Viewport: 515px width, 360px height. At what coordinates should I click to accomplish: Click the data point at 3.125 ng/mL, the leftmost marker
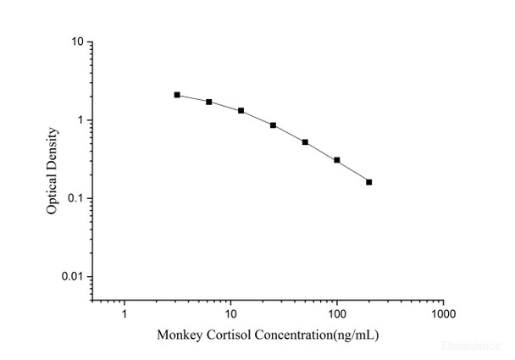(177, 95)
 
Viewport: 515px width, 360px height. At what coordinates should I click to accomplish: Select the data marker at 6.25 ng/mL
(209, 102)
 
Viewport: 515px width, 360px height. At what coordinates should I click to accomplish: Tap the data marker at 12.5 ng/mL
(241, 111)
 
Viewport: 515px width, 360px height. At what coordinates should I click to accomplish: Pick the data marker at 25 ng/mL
(273, 125)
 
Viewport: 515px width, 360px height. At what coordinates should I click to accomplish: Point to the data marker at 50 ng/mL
(305, 142)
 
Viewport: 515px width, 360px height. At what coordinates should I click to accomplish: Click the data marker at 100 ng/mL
(337, 160)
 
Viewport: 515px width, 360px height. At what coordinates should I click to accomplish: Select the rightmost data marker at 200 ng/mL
(368, 182)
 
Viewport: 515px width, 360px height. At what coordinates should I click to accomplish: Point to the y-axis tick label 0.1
(75, 199)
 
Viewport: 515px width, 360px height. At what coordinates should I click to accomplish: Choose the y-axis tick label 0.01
(73, 277)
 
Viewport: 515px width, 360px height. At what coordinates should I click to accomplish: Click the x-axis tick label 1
(125, 313)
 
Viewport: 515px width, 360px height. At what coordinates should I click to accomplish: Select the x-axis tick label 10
(230, 313)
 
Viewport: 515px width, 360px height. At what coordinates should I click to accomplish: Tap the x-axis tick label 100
(337, 313)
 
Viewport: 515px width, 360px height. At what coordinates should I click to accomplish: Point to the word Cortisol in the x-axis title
(224, 335)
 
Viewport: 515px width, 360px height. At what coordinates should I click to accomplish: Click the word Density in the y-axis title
(53, 147)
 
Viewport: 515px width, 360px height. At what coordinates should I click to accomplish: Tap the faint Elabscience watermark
(479, 346)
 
